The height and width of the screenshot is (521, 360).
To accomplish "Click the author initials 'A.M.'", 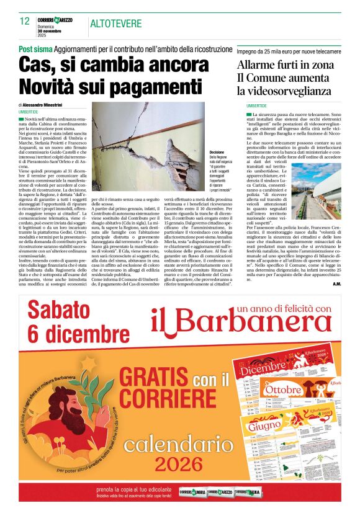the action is click(x=336, y=283).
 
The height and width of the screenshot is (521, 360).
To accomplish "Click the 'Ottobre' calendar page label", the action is click(x=282, y=390).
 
